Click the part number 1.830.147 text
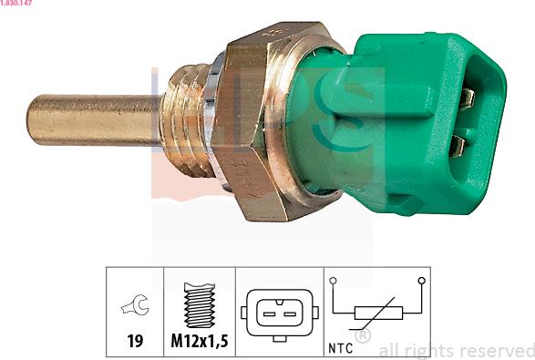16,3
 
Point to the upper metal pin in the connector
467,98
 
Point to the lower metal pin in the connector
457,146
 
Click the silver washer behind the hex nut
213,119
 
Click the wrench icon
136,304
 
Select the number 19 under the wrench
135,341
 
